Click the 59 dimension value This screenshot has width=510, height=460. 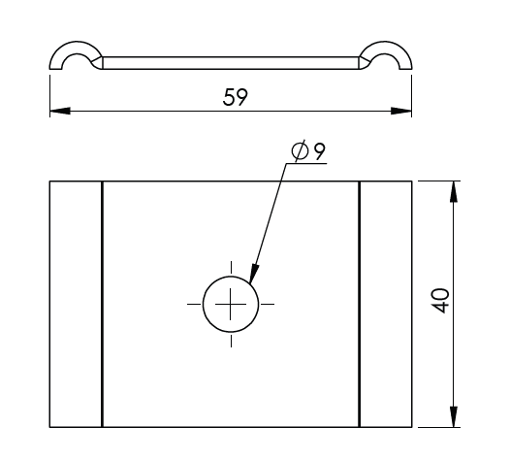tap(236, 97)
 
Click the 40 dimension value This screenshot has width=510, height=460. tap(441, 301)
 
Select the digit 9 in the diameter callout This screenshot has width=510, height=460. tap(319, 151)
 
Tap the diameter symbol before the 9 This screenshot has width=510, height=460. tap(300, 150)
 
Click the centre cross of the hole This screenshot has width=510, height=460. tap(231, 304)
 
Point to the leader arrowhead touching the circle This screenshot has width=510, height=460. tap(254, 273)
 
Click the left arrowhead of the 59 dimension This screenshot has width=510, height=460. tap(60, 111)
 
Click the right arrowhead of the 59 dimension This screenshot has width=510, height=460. tap(401, 111)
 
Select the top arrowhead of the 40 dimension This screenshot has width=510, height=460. tap(454, 191)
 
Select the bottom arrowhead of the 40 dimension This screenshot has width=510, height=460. tap(454, 416)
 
